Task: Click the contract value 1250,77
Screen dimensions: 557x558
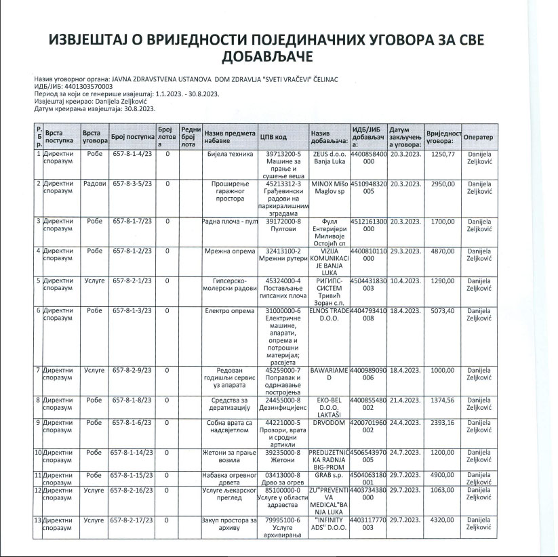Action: pos(443,154)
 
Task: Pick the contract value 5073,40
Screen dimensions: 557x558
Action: pos(443,310)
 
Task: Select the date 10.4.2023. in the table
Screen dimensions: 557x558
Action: pos(405,280)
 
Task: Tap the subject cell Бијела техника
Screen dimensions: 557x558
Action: pos(230,154)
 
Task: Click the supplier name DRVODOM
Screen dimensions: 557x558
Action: pos(329,421)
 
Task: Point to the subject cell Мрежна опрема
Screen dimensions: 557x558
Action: pos(230,251)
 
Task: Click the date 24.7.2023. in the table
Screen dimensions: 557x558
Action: pos(405,452)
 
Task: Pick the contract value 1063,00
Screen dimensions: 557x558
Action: pos(443,489)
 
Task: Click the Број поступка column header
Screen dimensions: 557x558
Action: pos(132,137)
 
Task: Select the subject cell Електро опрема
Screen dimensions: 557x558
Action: pos(230,310)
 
